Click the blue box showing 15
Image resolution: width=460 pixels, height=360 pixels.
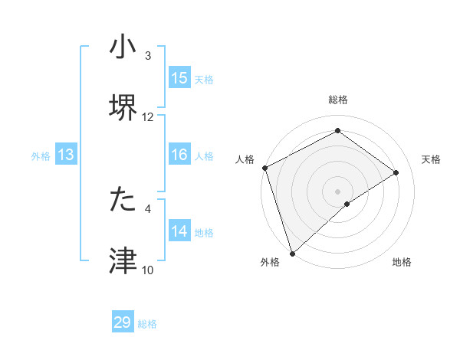point(179,78)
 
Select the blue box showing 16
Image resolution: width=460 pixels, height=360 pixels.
point(179,155)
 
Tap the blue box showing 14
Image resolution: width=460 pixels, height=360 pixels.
point(179,231)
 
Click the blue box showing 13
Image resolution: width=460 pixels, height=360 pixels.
point(66,155)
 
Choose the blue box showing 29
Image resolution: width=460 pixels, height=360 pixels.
point(123,322)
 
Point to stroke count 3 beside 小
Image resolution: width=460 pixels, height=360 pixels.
point(148,56)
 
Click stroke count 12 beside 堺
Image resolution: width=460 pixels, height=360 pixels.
point(148,117)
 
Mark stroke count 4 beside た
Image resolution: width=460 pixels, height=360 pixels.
point(148,208)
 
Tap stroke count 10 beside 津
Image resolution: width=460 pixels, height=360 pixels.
point(148,270)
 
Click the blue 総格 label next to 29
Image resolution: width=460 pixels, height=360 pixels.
point(147,324)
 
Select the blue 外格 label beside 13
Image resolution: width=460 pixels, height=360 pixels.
point(41,156)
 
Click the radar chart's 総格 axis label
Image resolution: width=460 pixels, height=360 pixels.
point(337,100)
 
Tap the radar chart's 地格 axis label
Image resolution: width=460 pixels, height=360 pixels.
point(402,263)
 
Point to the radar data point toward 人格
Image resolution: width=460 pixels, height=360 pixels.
point(264,168)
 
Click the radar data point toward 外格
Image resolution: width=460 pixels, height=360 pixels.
point(292,253)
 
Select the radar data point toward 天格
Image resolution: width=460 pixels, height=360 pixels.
point(396,172)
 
